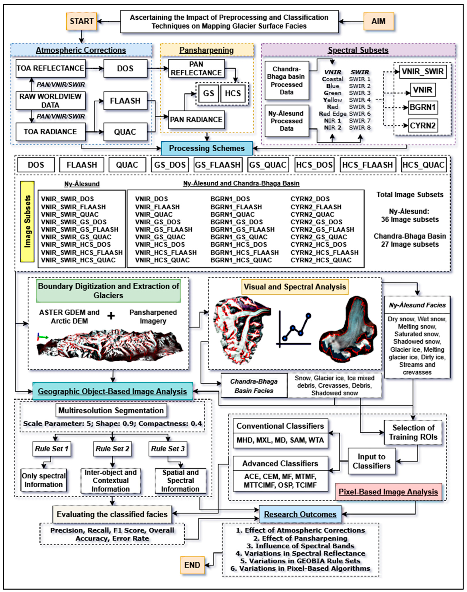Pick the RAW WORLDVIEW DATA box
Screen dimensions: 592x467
pyautogui.click(x=50, y=101)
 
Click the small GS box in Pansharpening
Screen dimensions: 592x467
pyautogui.click(x=208, y=93)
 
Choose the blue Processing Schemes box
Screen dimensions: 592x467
pyautogui.click(x=207, y=148)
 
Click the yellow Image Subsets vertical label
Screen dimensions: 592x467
pyautogui.click(x=27, y=222)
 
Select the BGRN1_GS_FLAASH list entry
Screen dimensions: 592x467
pyautogui.click(x=242, y=230)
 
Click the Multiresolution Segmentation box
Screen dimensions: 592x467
pyautogui.click(x=111, y=410)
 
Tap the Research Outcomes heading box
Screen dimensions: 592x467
pyautogui.click(x=300, y=514)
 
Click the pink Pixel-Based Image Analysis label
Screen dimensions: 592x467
pyautogui.click(x=388, y=492)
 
